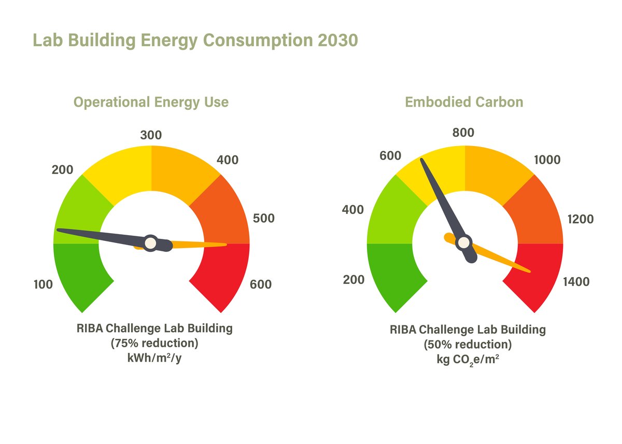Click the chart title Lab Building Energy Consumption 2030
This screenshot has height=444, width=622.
[x=195, y=40]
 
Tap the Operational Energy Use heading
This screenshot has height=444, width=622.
[x=151, y=102]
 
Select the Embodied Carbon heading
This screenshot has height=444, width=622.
[x=464, y=102]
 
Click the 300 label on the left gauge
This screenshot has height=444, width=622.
[x=151, y=136]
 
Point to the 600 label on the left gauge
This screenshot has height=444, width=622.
[x=261, y=284]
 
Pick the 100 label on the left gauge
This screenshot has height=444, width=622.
[x=43, y=284]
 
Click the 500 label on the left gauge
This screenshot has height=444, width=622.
[x=263, y=219]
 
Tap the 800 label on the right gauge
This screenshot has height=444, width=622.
[x=463, y=133]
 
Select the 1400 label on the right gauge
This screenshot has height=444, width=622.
[x=576, y=282]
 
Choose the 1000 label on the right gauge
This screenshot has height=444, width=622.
[x=547, y=160]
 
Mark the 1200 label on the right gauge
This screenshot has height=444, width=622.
[x=580, y=220]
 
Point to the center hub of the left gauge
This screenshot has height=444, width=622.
[x=150, y=242]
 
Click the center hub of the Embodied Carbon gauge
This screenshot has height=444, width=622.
[x=464, y=242]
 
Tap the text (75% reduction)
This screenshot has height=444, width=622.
[x=154, y=343]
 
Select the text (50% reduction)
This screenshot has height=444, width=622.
[x=468, y=345]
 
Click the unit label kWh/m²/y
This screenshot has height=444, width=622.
[x=154, y=357]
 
